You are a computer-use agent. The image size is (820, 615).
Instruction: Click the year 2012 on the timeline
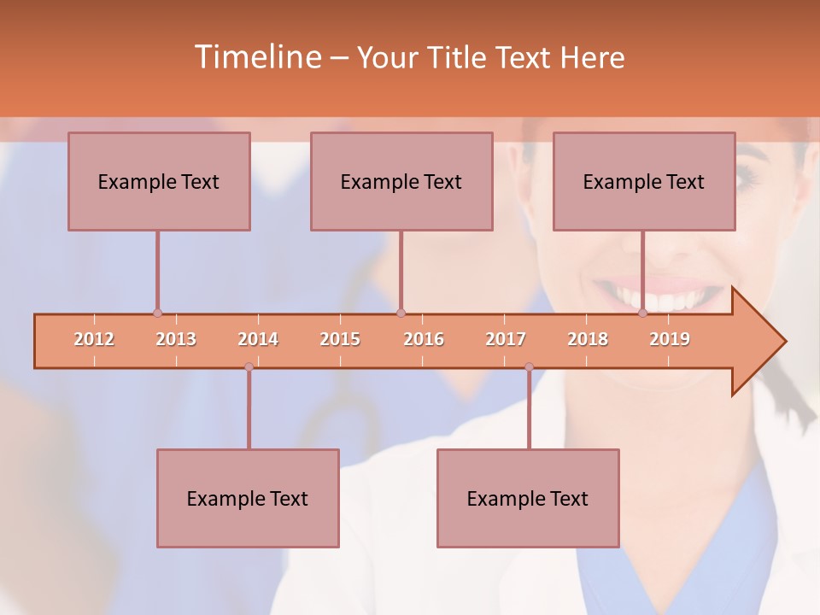[94, 339]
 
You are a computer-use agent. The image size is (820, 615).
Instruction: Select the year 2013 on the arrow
[176, 339]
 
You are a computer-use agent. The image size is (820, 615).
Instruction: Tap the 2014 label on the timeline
[258, 339]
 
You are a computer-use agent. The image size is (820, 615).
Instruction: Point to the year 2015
[340, 339]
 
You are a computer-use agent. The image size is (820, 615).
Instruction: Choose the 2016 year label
[424, 339]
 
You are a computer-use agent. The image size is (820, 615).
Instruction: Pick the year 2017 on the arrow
[506, 339]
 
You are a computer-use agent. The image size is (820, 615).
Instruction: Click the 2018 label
[588, 339]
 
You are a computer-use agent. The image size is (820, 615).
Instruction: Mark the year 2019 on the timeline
[670, 339]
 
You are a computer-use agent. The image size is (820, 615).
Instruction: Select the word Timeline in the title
[257, 57]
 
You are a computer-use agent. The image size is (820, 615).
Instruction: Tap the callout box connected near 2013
[159, 182]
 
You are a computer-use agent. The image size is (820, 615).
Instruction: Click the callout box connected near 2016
[401, 182]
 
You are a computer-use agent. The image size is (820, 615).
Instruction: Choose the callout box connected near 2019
[644, 182]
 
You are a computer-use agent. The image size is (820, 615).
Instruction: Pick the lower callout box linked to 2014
[248, 499]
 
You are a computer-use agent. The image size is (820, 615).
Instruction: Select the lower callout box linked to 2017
[528, 499]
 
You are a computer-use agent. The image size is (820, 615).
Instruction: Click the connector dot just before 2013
[157, 313]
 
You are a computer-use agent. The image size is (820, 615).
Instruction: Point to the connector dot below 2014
[249, 367]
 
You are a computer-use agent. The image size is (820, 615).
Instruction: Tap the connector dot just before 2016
[401, 313]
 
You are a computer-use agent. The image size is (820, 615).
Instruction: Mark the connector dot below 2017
[529, 367]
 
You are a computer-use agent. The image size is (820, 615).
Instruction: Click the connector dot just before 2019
[643, 313]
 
